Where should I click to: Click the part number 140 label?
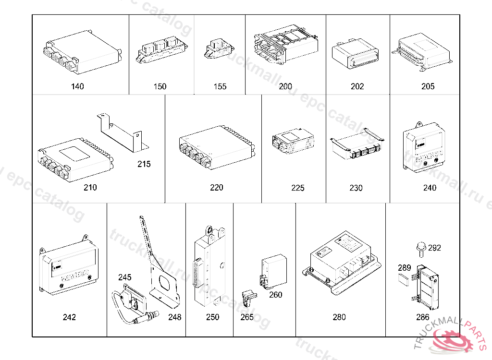[77, 86]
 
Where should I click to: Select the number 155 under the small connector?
[220, 86]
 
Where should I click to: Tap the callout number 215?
[144, 164]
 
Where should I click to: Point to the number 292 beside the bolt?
[434, 248]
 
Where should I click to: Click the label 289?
[405, 268]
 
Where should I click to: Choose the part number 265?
[247, 317]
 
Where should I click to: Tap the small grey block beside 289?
[404, 279]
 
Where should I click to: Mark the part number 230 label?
[356, 188]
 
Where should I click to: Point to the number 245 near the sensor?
[125, 277]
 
